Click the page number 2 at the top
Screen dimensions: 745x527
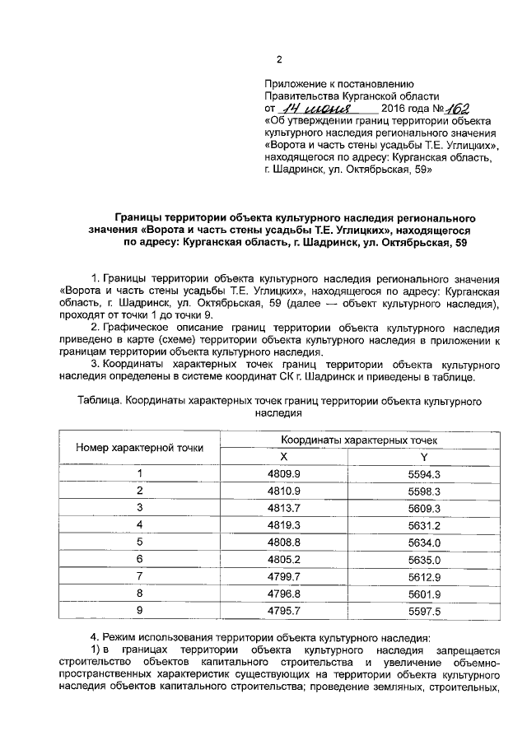pos(278,60)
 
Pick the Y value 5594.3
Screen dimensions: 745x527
pos(425,473)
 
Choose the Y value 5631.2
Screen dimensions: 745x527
pos(425,524)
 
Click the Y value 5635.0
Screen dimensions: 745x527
pos(425,559)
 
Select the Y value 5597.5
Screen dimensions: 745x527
pos(425,611)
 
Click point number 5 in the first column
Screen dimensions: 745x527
pos(140,542)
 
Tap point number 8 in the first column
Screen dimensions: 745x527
pos(140,594)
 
